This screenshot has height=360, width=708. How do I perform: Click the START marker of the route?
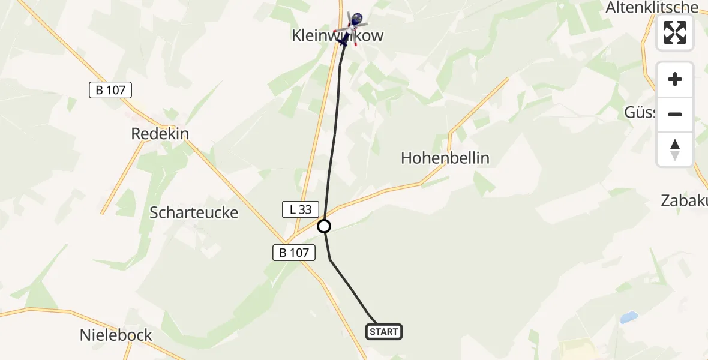pyautogui.click(x=383, y=332)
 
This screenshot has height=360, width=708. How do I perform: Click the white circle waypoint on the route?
pyautogui.click(x=324, y=226)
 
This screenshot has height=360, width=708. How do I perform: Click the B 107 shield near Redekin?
pyautogui.click(x=110, y=90)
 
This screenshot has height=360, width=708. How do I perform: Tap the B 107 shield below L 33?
pyautogui.click(x=294, y=253)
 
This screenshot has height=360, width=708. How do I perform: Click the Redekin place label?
pyautogui.click(x=160, y=134)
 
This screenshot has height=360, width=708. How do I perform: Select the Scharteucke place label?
pyautogui.click(x=194, y=212)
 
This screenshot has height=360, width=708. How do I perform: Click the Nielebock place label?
pyautogui.click(x=116, y=335)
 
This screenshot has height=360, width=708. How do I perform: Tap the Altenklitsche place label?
pyautogui.click(x=652, y=8)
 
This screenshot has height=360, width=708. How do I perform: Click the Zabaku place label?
pyautogui.click(x=684, y=200)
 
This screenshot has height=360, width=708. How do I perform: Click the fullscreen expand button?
pyautogui.click(x=675, y=32)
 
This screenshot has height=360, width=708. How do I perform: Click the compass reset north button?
pyautogui.click(x=675, y=149)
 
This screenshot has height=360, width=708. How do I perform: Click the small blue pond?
pyautogui.click(x=628, y=317)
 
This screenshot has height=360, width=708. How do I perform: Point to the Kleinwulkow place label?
pyautogui.click(x=337, y=36)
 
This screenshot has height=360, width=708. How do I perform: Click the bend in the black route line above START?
pyautogui.click(x=331, y=259)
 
